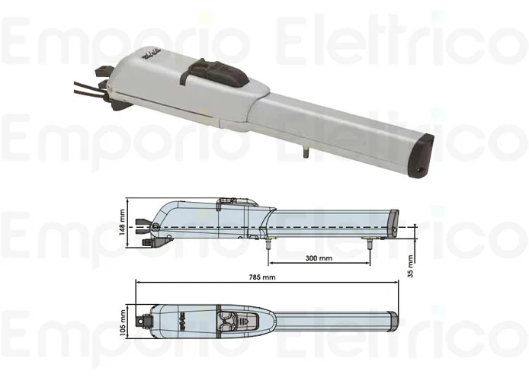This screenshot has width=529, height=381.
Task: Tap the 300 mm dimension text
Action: pos(318,258)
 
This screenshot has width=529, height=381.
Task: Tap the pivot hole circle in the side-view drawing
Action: pos(155,228)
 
